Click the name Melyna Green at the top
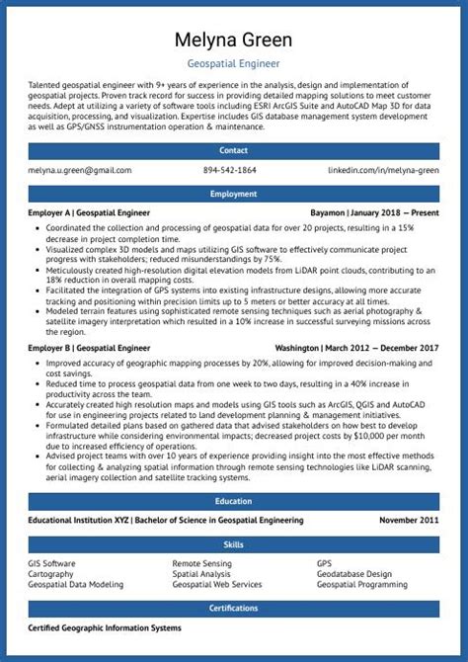coord(234,40)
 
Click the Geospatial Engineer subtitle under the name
coord(234,61)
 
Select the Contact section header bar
coord(234,150)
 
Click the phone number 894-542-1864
coord(230,171)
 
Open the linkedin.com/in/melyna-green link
coord(384,171)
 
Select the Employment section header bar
coord(234,195)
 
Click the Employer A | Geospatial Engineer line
coord(89,213)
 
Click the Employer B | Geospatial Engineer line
coord(89,349)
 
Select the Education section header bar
coord(234,501)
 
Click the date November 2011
coord(410,520)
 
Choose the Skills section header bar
coord(234,544)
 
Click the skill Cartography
coord(50,574)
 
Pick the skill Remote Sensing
coord(202,563)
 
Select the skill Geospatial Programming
coord(362,585)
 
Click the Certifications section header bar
coord(234,609)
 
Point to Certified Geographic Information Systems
coord(105,628)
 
